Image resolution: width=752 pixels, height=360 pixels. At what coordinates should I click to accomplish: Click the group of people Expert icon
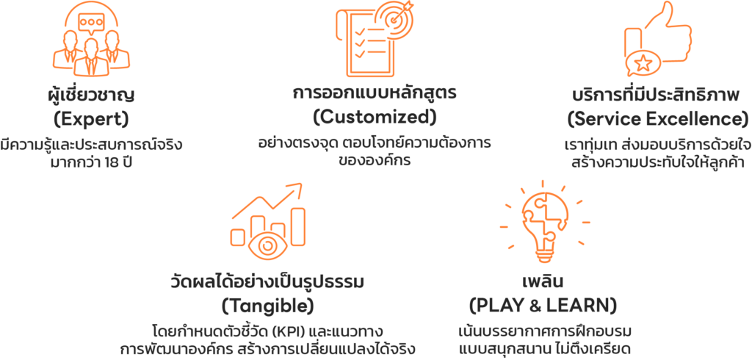tap(90, 43)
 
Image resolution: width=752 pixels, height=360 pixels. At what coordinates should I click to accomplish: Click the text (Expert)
tap(91, 118)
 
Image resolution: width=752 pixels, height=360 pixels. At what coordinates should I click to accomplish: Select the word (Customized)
tap(374, 117)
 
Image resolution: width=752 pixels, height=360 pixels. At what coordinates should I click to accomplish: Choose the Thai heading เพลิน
tap(543, 282)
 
